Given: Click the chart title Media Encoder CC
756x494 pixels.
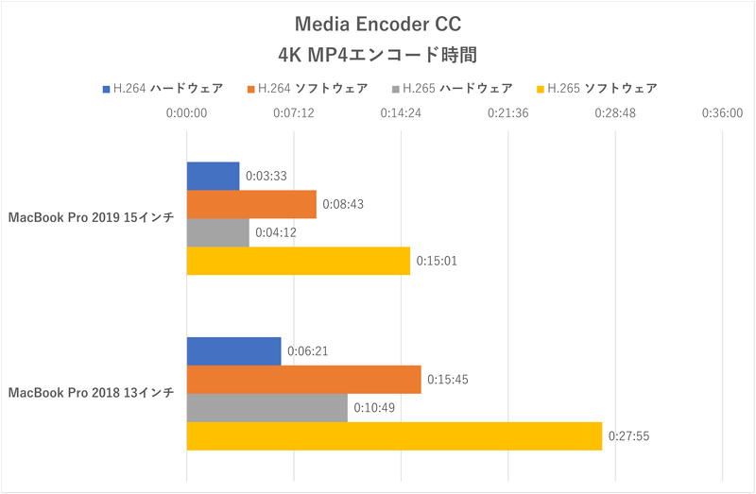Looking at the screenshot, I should pos(378,23).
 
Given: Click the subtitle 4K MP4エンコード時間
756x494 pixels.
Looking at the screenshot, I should pos(378,52).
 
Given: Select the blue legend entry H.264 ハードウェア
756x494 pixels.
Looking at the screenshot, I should pos(163,89).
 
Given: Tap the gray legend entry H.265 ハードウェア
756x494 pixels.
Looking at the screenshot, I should pos(451,89).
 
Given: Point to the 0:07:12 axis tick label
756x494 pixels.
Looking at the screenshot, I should pos(294,112).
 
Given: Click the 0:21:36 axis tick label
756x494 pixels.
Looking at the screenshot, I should pos(508,112).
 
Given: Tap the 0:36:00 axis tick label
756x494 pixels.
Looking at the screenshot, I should pos(722,112).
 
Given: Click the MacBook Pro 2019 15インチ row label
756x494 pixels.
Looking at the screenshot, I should pos(91,218).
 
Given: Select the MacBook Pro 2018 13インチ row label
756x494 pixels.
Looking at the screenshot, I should pos(91,393).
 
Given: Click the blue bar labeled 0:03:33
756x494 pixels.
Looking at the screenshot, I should pos(213,176).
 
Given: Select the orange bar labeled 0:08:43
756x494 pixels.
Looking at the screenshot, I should pos(251,204).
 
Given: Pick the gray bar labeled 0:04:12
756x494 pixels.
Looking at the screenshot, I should pos(218,232).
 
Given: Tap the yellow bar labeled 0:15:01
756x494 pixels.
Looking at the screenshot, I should pos(299,261).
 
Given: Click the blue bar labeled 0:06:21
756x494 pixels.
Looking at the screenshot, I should pos(234,350).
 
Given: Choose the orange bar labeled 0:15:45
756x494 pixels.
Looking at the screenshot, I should pos(303,379).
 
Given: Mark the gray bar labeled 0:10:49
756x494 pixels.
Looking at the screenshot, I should pos(267,407).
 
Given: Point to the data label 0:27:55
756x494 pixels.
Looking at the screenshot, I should pos(628,435).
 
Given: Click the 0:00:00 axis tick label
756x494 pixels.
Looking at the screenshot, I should pos(186,112).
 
